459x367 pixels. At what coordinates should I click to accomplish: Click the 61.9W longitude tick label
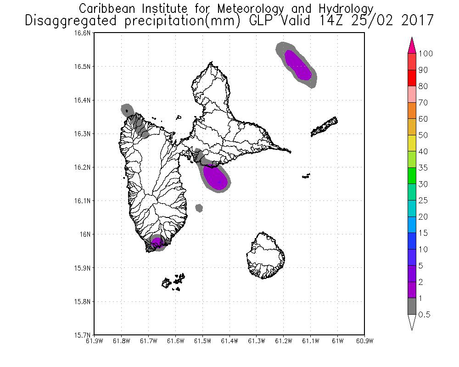[94, 341]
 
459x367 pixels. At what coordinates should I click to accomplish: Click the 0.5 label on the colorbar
[425, 315]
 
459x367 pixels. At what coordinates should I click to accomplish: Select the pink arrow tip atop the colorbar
[412, 44]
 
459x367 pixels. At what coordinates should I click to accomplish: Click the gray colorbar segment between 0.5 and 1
[412, 306]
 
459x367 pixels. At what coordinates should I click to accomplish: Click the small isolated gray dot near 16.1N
[199, 208]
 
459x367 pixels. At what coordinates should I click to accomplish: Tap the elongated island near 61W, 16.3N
[325, 127]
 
